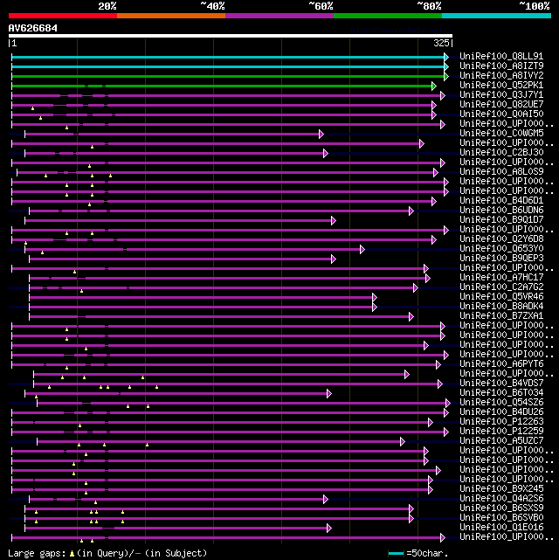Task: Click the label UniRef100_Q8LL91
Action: pyautogui.click(x=500, y=57)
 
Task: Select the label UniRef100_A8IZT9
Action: pyautogui.click(x=500, y=66)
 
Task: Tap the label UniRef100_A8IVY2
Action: pyautogui.click(x=500, y=76)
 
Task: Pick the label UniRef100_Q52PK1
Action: pyautogui.click(x=500, y=86)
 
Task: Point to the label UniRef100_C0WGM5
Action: pyautogui.click(x=500, y=134)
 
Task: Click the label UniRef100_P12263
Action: pyautogui.click(x=500, y=422)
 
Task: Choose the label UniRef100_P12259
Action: pyautogui.click(x=500, y=432)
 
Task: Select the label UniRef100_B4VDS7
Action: pyautogui.click(x=500, y=384)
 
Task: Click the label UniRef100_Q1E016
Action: pyautogui.click(x=500, y=528)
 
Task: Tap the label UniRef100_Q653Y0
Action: pyautogui.click(x=500, y=249)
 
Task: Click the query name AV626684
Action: pyautogui.click(x=33, y=28)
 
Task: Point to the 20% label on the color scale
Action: pyautogui.click(x=107, y=6)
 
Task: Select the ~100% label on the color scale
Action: pyautogui.click(x=533, y=6)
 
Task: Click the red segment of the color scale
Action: pyautogui.click(x=62, y=16)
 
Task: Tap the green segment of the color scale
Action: pyautogui.click(x=387, y=16)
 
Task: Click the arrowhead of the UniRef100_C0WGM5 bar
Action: pyautogui.click(x=321, y=134)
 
